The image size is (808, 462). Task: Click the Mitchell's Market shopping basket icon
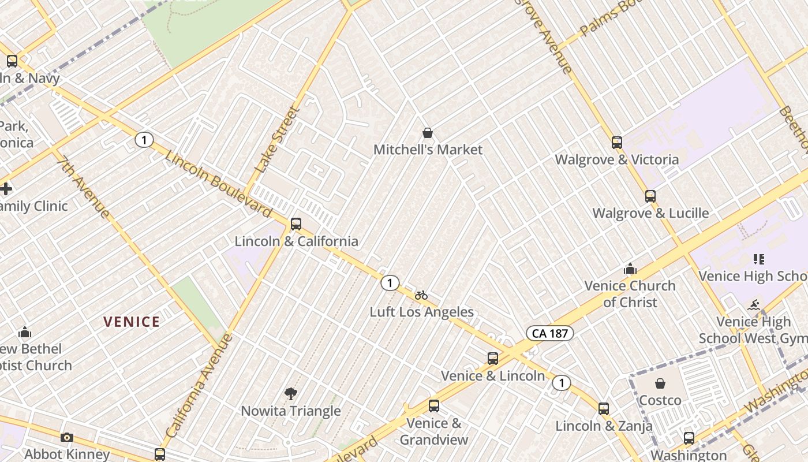[428, 133]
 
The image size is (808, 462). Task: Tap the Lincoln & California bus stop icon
[296, 223]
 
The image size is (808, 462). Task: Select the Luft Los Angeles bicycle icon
[421, 295]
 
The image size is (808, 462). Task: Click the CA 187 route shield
[549, 333]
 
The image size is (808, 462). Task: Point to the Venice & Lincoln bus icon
[493, 359]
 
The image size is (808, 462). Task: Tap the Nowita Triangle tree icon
[291, 394]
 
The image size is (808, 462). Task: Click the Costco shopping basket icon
[660, 383]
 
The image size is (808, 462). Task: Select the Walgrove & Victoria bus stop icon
[617, 143]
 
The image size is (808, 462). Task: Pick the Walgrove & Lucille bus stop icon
[650, 196]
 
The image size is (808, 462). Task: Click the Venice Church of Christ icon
[630, 269]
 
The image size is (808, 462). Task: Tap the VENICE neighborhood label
[132, 322]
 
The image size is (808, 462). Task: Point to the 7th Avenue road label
[84, 188]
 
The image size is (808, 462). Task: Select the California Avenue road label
[199, 385]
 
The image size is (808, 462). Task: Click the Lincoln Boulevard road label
[218, 184]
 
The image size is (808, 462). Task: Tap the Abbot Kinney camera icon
[67, 437]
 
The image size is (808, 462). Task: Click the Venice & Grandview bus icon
[434, 406]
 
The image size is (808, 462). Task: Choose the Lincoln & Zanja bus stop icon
[604, 409]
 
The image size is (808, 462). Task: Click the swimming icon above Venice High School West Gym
[754, 305]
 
